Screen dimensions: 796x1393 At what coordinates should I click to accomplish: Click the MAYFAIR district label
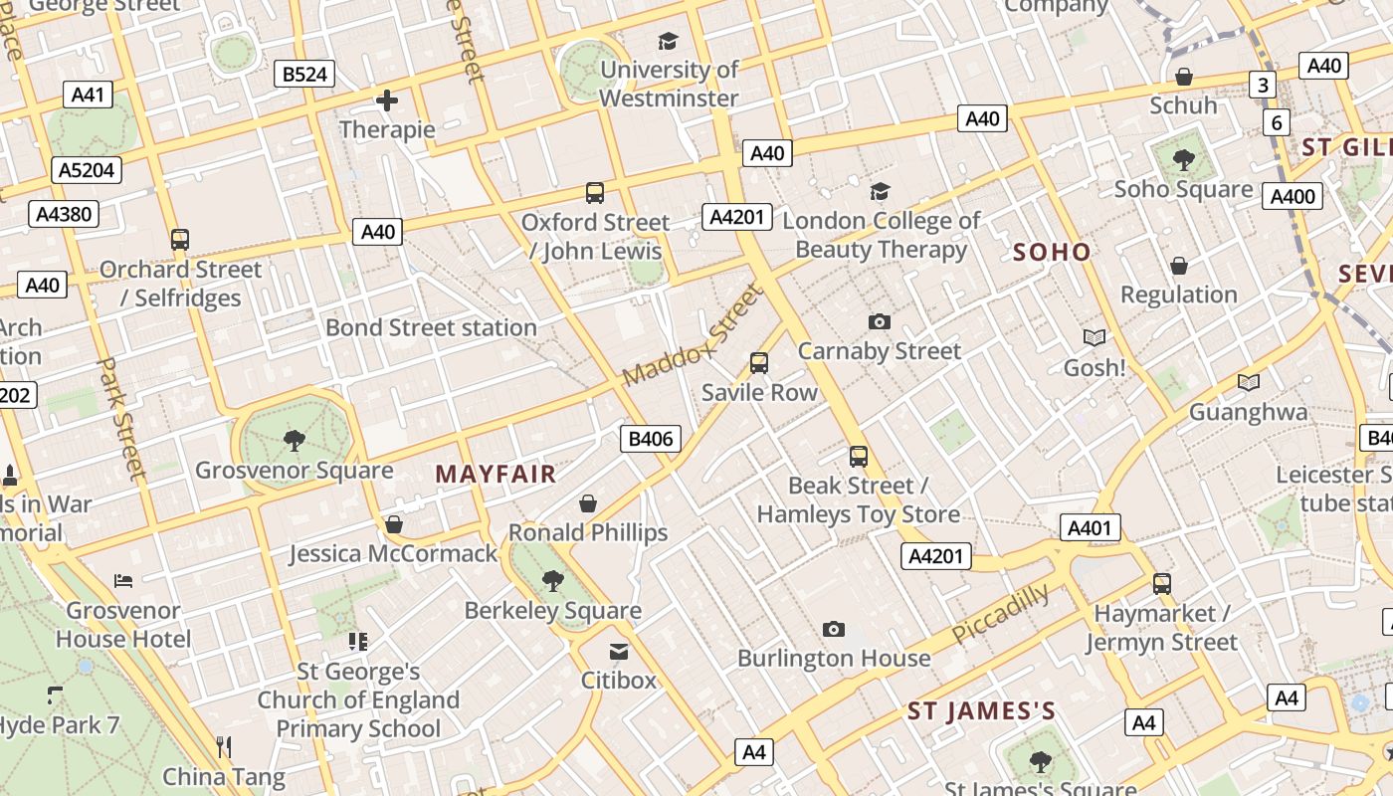coord(496,475)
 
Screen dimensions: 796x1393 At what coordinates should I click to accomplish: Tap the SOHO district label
coord(1052,252)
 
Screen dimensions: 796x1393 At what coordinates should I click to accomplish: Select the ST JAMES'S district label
coord(981,710)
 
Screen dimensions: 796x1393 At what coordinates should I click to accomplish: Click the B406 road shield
coord(652,439)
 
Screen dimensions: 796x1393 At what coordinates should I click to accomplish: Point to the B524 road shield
coord(304,74)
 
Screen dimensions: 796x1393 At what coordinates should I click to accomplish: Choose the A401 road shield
coord(1090,528)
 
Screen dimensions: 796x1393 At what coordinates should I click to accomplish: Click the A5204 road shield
coord(88,170)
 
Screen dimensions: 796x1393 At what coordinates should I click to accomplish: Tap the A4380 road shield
coord(64,213)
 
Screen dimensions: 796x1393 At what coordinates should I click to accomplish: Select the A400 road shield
coord(1293,196)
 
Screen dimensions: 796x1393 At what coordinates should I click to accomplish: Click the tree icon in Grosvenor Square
coord(294,440)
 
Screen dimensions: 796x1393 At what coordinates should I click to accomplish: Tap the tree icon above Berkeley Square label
coord(553,580)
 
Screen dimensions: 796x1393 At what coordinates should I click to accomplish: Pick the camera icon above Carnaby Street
coord(879,321)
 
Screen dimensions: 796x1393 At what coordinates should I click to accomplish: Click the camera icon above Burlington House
coord(834,629)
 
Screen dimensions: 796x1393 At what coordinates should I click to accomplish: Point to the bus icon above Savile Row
coord(759,363)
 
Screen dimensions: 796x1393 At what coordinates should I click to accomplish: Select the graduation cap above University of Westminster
coord(668,41)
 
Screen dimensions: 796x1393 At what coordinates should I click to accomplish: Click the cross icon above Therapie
coord(387,99)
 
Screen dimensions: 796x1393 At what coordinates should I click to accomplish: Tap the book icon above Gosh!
coord(1094,338)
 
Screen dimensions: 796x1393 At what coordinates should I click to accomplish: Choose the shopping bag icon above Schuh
coord(1184,77)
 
